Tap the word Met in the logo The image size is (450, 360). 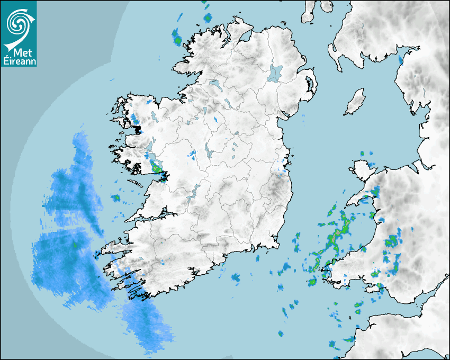(18, 51)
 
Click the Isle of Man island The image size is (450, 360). (355, 102)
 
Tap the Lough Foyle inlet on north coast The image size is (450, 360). (245, 37)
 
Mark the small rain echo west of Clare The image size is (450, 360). (115, 198)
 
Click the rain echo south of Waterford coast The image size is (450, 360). (235, 277)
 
